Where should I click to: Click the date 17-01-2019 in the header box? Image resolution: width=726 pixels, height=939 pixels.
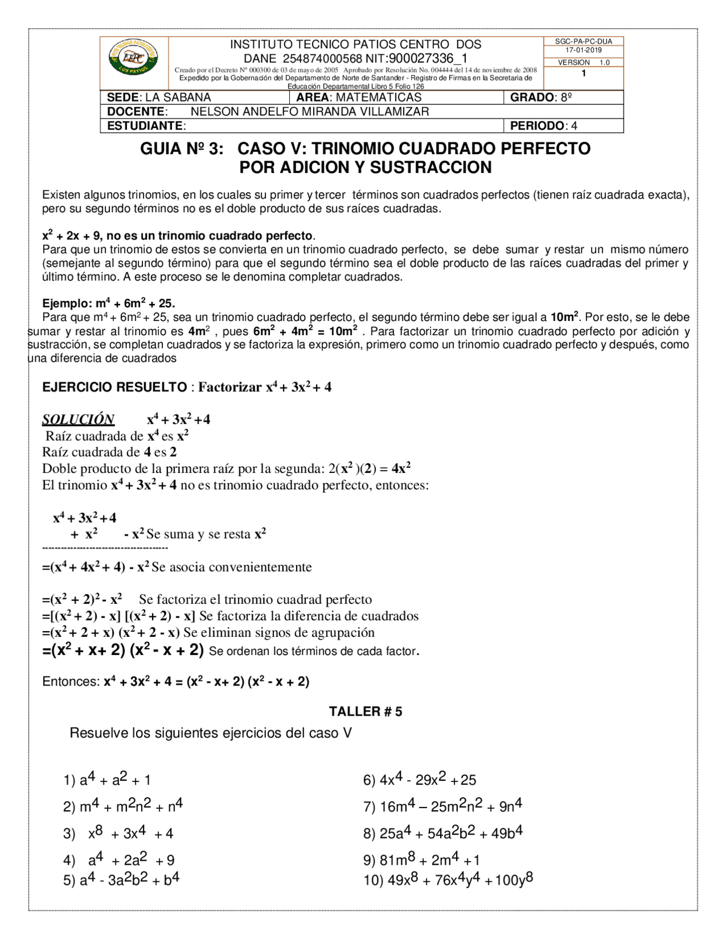point(583,50)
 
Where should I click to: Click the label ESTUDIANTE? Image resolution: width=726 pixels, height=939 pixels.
point(146,126)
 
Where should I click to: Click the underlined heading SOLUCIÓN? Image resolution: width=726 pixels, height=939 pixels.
point(78,420)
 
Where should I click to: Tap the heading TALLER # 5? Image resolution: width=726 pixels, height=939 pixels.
point(365,712)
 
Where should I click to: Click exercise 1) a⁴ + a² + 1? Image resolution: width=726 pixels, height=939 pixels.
point(107,780)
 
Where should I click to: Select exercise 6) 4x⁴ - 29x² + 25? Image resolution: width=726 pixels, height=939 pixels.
point(419,780)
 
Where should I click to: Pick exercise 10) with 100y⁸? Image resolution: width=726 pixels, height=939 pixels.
point(448,880)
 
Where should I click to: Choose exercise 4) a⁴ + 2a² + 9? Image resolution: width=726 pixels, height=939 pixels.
point(119,860)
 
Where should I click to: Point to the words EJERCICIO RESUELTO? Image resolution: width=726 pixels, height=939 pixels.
point(115,387)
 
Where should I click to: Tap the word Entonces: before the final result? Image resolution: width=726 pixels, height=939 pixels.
point(71,682)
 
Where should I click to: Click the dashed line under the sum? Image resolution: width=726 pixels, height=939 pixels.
point(105,548)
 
